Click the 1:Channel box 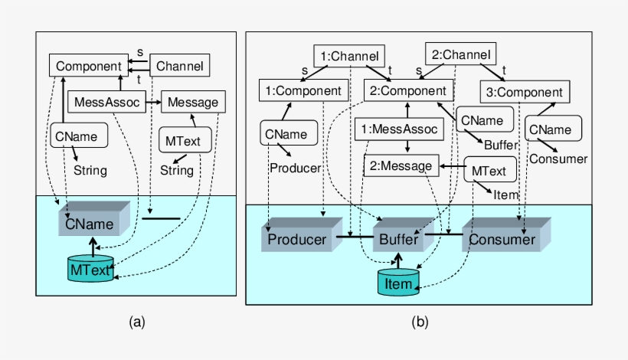pos(348,55)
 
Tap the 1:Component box pos(303,90)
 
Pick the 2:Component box pos(408,90)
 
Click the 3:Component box pos(525,92)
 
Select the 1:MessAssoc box pos(399,129)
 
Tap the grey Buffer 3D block pos(398,239)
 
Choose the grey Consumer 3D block pos(502,239)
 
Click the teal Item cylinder pos(398,283)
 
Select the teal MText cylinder pos(91,269)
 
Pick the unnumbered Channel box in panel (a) pos(180,66)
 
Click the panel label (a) pos(136,322)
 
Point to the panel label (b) pos(419,322)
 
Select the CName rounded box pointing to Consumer pos(548,128)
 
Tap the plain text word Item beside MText pos(506,195)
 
